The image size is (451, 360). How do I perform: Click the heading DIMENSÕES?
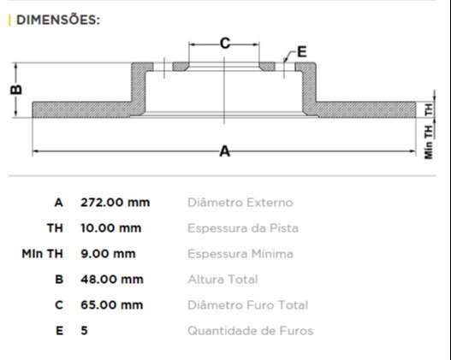[57, 20]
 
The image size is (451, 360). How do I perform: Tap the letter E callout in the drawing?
[301, 52]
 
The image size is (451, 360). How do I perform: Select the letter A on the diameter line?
[225, 151]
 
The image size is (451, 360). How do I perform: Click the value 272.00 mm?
[115, 203]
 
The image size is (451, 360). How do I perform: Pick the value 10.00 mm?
[111, 228]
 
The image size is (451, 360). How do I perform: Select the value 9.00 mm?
[108, 254]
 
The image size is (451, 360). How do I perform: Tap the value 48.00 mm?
[111, 280]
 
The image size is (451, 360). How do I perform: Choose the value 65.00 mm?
[111, 305]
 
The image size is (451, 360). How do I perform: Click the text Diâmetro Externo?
[240, 203]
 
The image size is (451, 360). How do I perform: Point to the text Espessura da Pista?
[242, 228]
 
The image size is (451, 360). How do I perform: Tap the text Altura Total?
[222, 280]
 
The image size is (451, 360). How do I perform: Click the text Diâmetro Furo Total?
[247, 305]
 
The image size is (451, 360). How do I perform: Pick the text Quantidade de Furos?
[250, 331]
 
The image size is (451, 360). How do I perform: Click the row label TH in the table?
[55, 228]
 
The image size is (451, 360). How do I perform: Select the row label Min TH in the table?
[43, 254]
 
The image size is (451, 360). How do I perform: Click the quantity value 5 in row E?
[84, 331]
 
